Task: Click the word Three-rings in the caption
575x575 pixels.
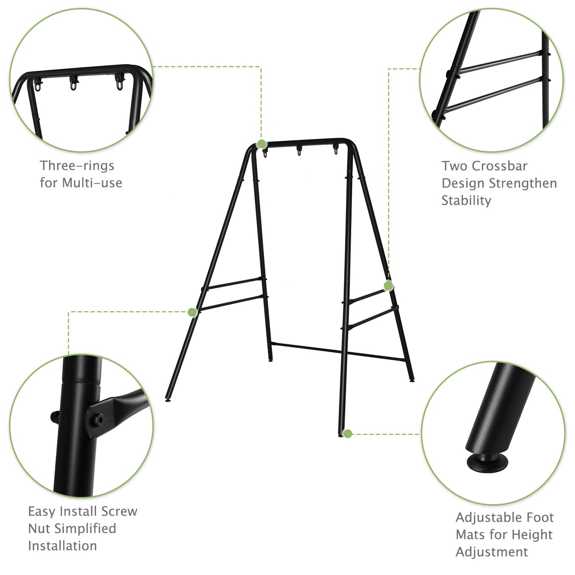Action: point(77,166)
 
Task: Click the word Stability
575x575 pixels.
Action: point(466,201)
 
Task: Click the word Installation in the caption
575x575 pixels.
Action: point(62,546)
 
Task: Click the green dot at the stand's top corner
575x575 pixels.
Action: point(261,144)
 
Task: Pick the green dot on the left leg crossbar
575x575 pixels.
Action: point(192,312)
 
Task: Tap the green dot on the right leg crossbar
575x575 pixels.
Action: point(388,285)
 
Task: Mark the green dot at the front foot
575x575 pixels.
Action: point(347,434)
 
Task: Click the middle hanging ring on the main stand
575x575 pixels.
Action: point(299,151)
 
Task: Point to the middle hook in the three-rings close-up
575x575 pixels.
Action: point(74,84)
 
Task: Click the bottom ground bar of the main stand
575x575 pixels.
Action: point(338,351)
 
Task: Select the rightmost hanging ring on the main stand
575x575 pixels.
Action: point(335,150)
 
